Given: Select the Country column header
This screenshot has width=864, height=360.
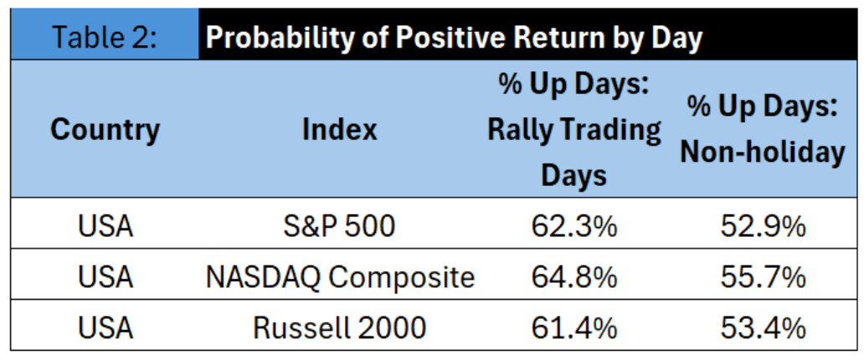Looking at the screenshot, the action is (x=105, y=130).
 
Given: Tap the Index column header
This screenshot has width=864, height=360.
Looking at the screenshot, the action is (x=340, y=130).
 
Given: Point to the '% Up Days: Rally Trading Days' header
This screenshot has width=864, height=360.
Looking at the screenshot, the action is (x=573, y=130).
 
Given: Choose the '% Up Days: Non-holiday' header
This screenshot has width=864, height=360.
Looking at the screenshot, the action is (x=763, y=130).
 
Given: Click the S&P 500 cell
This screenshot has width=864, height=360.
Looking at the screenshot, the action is (x=340, y=227).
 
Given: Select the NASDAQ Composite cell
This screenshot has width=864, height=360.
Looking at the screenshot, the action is (x=340, y=278).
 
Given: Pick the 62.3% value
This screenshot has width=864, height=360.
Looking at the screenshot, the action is (x=573, y=227).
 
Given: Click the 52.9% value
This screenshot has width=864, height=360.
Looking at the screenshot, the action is (x=763, y=227).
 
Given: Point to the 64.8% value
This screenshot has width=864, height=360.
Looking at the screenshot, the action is (x=573, y=278).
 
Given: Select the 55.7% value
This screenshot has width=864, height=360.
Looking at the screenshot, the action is (x=763, y=278).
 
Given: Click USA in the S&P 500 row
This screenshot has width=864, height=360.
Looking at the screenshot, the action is (x=105, y=227).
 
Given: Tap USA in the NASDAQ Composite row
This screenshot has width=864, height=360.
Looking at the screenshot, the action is (x=105, y=278).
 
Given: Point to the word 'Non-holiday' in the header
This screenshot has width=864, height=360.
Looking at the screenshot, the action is (x=763, y=153).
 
